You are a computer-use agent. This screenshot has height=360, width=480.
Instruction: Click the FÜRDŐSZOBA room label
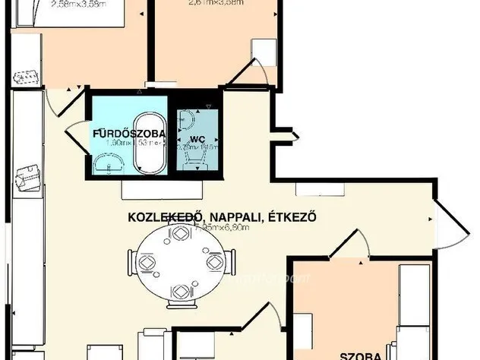click(x=118, y=134)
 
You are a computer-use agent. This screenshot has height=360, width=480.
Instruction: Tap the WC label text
click(x=197, y=140)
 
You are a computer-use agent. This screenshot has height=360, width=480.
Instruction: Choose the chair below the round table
click(x=180, y=292)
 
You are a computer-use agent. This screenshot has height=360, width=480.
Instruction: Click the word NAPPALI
click(x=229, y=217)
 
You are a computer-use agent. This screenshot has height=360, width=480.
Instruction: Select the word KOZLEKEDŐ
click(x=160, y=217)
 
